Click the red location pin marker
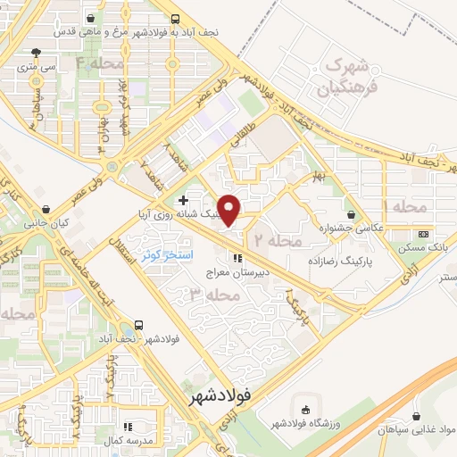(230, 209)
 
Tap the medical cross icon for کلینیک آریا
(183, 199)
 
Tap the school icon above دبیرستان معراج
(237, 259)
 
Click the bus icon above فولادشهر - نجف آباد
(138, 326)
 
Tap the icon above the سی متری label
(36, 53)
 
